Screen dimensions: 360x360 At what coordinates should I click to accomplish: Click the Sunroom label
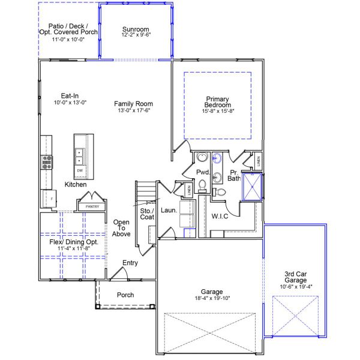point(136,29)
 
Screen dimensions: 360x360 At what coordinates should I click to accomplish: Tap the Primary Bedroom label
point(217,102)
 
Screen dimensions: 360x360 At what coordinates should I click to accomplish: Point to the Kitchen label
point(76,185)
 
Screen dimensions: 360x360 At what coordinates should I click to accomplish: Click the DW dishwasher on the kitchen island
point(80,171)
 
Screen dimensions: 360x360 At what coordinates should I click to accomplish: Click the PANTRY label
point(92,206)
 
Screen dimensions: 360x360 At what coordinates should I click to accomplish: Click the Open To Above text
point(122,228)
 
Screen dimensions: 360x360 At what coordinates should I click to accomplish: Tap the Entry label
point(130,263)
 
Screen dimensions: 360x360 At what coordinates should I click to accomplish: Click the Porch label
point(125,295)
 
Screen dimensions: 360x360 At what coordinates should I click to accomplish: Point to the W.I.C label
point(220,216)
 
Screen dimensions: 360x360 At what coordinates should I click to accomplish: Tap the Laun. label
point(169,211)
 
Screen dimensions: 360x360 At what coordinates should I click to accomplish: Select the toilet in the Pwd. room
point(203,185)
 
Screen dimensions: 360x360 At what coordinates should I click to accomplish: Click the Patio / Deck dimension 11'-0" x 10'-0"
point(68,39)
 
